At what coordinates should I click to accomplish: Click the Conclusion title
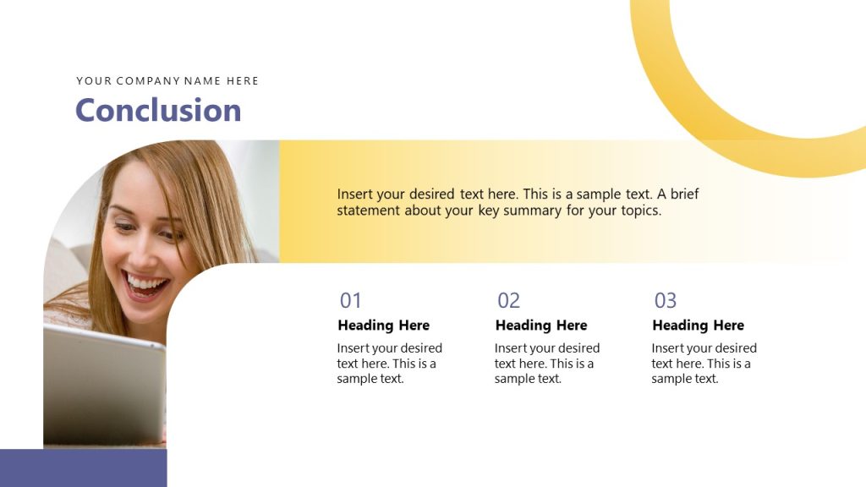tap(158, 111)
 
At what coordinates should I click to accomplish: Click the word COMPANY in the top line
tap(148, 81)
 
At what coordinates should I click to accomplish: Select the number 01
tap(350, 300)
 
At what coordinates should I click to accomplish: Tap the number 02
tap(508, 300)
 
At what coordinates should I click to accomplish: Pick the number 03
tap(666, 300)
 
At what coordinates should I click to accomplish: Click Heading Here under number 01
tap(383, 326)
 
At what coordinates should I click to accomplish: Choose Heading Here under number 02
tap(541, 326)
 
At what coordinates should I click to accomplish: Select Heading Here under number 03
tap(699, 326)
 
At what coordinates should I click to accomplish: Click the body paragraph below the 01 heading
tap(389, 364)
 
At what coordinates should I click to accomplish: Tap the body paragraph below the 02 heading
tap(546, 364)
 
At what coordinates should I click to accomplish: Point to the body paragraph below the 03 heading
tap(704, 364)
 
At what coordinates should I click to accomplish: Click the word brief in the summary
tap(685, 194)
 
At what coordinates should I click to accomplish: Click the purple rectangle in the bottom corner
tap(83, 468)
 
